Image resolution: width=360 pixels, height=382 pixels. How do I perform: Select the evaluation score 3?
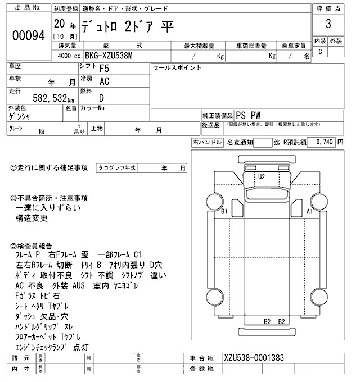point(327,25)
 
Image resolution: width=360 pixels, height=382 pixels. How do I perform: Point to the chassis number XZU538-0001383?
point(254,357)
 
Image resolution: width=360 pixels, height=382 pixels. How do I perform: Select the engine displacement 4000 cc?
point(66,57)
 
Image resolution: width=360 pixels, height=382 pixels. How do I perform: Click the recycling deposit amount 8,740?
point(323,143)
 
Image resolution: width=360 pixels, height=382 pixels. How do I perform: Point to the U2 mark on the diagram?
point(261,177)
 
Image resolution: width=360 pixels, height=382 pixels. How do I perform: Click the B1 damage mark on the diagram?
point(224,212)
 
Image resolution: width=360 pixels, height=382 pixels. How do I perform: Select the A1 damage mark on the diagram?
point(309,212)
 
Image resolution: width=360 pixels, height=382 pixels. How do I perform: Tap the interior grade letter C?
point(321,52)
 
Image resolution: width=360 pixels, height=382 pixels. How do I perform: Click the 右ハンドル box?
point(207,143)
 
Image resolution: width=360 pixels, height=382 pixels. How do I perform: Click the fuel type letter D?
point(101,97)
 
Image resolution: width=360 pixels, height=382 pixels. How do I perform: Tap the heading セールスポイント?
point(177,67)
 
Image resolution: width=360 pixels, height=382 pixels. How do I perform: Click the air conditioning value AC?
point(104,81)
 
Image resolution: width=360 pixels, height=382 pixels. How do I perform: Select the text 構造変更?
point(31,219)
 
